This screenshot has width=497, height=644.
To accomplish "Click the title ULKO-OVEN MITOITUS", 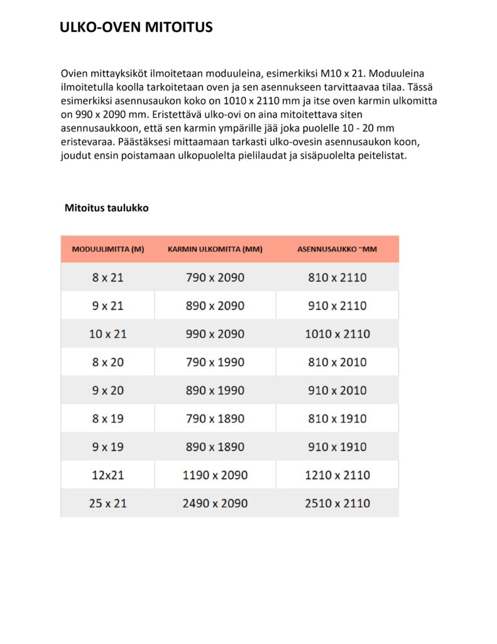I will tap(136, 27).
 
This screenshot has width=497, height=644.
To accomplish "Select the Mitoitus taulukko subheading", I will tap(106, 208).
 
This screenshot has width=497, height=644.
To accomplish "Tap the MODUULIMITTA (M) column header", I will tap(108, 249).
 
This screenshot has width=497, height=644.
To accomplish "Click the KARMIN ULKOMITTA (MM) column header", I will tap(215, 249).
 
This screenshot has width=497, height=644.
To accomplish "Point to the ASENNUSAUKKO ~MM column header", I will tap(337, 249).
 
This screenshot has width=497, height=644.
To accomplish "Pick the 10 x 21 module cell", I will tap(108, 334).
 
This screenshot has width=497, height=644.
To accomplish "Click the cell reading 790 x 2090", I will tap(215, 277).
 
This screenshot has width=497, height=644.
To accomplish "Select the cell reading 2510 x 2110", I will tap(337, 503).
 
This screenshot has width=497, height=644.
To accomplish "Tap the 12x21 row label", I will tap(108, 475).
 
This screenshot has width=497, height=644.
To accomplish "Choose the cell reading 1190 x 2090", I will tap(215, 475).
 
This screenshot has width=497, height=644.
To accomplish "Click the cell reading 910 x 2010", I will tap(337, 391).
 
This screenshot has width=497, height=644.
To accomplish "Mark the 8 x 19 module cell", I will tap(108, 418).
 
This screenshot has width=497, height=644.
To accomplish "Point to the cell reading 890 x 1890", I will tap(215, 447).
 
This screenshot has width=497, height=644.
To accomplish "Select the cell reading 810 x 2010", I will tap(337, 362).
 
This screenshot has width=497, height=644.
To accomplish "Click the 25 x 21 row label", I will tap(108, 503).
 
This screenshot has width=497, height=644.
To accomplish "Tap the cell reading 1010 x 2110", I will tap(337, 334).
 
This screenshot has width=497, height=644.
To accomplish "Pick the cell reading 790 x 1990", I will tap(215, 362).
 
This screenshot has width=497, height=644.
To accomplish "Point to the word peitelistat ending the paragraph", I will tap(384, 155).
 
